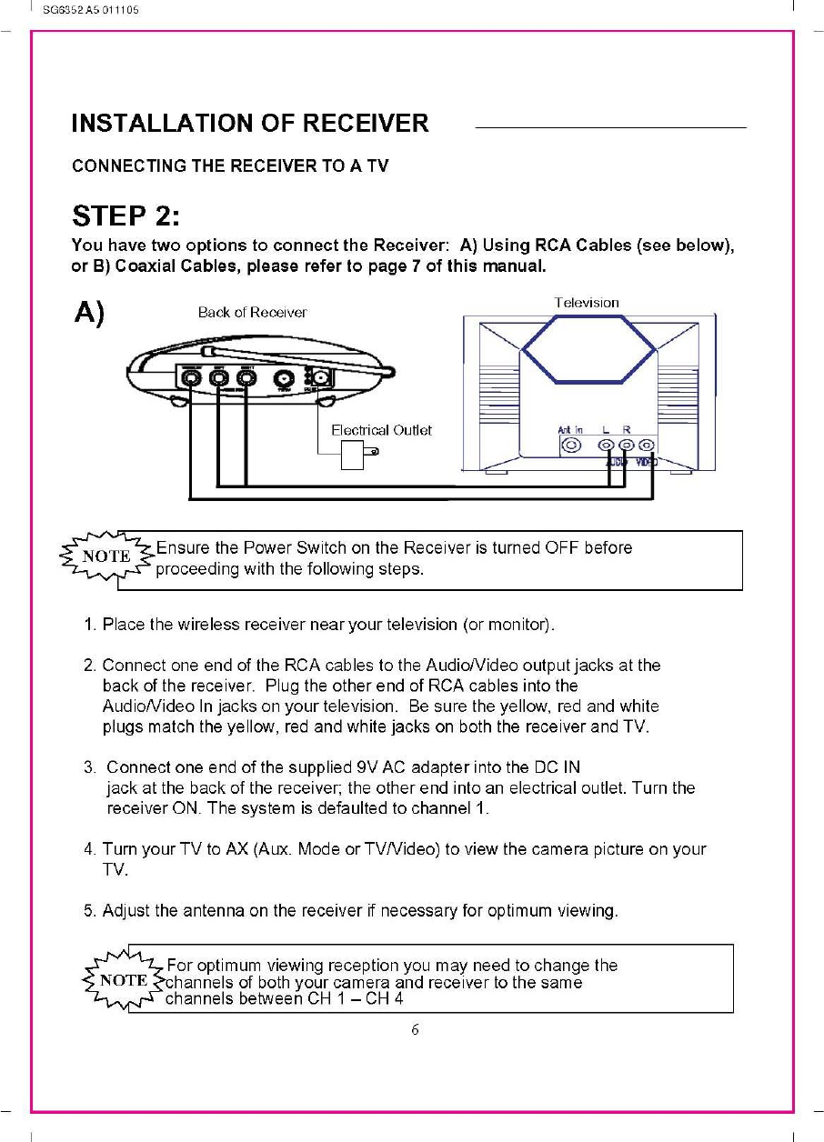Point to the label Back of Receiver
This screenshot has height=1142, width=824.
[252, 312]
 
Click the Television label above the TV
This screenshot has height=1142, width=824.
[587, 302]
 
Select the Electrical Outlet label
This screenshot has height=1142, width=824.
[381, 430]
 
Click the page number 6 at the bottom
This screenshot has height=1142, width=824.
[415, 1030]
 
